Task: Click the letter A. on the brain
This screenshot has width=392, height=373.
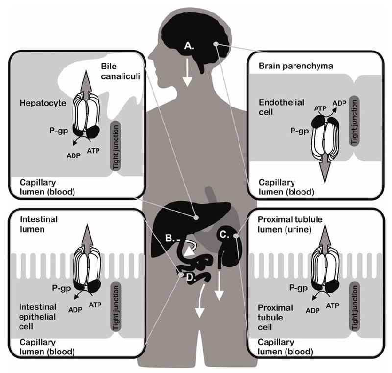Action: [189, 46]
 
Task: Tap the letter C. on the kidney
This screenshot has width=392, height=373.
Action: [224, 234]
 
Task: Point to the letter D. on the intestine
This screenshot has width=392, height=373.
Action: [192, 277]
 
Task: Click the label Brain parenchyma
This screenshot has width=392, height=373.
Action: [296, 66]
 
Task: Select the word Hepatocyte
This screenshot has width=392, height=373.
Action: [43, 103]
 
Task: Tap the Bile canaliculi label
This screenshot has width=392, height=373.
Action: [120, 71]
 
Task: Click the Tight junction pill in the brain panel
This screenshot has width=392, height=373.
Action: [354, 121]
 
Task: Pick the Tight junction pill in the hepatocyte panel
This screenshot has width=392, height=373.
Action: [115, 146]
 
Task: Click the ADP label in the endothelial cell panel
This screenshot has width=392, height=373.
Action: [339, 103]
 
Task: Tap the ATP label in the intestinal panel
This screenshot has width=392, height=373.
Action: [95, 305]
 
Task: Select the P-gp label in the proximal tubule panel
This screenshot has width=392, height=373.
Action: [298, 288]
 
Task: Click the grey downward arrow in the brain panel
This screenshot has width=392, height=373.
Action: [325, 171]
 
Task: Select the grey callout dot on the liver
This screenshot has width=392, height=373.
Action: [196, 218]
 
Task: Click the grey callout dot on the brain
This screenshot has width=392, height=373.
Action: [216, 44]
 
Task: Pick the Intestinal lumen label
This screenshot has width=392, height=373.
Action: [39, 224]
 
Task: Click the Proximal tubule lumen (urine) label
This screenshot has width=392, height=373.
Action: [290, 224]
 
